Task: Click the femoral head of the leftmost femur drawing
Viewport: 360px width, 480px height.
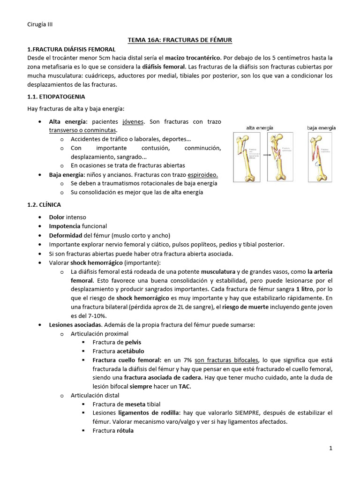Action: pos(241,139)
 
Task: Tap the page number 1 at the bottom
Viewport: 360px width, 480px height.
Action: pos(330,448)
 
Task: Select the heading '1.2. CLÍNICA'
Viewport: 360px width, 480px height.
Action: pos(47,205)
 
